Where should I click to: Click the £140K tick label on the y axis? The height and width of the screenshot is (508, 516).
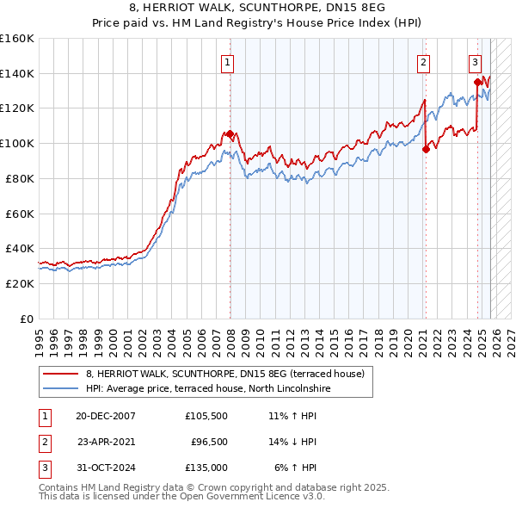pos(17,73)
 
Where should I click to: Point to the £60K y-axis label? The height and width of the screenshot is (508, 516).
pos(20,213)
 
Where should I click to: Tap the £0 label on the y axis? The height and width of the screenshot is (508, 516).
pos(26,318)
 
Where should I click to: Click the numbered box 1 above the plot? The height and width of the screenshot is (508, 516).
pos(228,61)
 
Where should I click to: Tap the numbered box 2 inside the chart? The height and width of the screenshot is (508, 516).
pos(424,61)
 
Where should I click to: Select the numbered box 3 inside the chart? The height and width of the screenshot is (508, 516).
pos(475,61)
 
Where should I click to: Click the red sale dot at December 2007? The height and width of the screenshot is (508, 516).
pos(230,133)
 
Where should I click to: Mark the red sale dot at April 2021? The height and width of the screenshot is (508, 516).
pos(426,149)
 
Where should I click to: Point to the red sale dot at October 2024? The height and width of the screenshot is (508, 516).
pos(477,82)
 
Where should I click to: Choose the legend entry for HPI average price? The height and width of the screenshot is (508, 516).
pos(208,389)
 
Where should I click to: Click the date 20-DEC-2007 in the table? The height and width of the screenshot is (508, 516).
pos(106,416)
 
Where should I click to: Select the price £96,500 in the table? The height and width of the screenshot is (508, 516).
pos(209,441)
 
